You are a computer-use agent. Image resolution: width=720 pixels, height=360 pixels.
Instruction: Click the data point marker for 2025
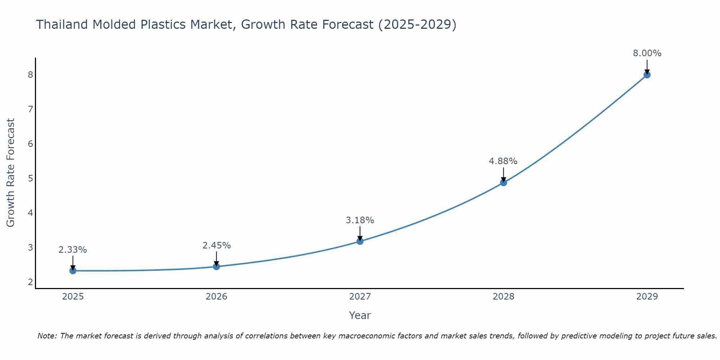click(x=73, y=271)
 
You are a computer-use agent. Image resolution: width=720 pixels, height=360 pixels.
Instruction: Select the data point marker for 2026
click(x=216, y=266)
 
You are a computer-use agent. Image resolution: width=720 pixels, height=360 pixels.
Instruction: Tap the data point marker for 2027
click(x=360, y=241)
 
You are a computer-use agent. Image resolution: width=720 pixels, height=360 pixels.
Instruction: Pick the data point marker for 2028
click(x=504, y=183)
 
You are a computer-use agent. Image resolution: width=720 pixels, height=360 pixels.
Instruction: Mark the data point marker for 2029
click(x=647, y=75)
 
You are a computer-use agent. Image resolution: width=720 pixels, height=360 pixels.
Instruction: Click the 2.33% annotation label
click(x=73, y=250)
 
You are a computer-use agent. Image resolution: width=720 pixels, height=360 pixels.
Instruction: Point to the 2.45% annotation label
click(x=216, y=246)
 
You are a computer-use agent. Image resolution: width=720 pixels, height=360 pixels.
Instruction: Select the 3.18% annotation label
click(x=360, y=220)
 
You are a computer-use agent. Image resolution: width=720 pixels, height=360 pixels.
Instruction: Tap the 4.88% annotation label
click(x=503, y=161)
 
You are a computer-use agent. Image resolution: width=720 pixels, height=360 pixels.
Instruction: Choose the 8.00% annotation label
click(x=647, y=53)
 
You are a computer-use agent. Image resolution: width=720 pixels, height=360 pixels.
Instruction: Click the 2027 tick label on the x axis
click(x=360, y=297)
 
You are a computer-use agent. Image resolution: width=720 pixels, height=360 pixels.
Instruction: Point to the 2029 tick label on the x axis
click(x=647, y=297)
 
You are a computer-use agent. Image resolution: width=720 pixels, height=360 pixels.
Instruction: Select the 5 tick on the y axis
click(x=31, y=179)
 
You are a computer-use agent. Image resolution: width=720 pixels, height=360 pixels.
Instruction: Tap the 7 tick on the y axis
click(x=31, y=109)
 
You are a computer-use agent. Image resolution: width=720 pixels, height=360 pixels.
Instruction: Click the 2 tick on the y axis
click(x=31, y=282)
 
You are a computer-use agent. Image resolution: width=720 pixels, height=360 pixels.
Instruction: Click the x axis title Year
click(x=360, y=315)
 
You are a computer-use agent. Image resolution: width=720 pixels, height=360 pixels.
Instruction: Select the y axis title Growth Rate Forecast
click(x=11, y=173)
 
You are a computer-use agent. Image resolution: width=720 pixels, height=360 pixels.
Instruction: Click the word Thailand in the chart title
click(x=62, y=24)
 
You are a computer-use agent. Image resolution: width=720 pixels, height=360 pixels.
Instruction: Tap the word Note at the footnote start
click(x=47, y=336)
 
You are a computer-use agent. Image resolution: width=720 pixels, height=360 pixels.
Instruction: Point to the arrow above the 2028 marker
click(x=504, y=174)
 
